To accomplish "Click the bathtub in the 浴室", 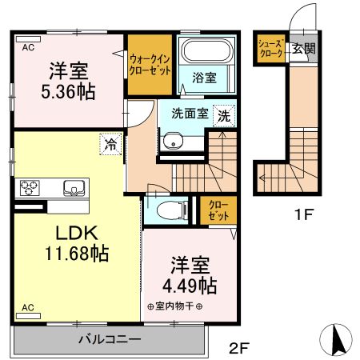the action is coord(206,51).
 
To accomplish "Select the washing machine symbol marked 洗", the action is coord(224,116).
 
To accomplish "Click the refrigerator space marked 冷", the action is coord(110,144).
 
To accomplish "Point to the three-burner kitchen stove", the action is coord(29,188).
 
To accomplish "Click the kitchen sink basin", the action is coord(74,188).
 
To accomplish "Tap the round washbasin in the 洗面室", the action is coord(173,142).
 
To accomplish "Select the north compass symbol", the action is coord(336,340).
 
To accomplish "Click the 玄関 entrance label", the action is coord(304,49).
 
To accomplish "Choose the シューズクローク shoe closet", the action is coord(271,49).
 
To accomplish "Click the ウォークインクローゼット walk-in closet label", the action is coord(150,65).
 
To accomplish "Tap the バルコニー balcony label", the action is coord(110,339).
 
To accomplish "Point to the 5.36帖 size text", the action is coord(68,91).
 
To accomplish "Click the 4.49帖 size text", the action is coord(190,286).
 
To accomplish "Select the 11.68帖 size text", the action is coord(77,253).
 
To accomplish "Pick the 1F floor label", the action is coord(303,214).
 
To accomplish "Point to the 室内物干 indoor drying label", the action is coord(174,306).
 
